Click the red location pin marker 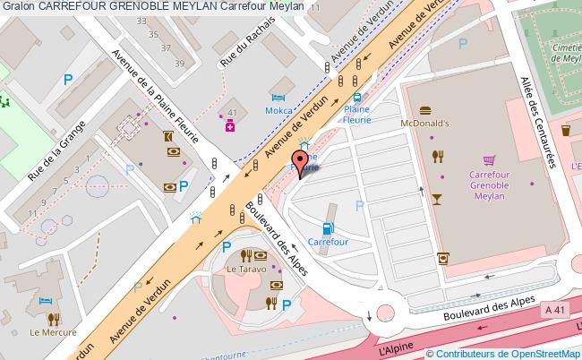click(x=299, y=164)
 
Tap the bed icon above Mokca click(x=278, y=98)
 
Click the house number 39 click(x=179, y=63)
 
